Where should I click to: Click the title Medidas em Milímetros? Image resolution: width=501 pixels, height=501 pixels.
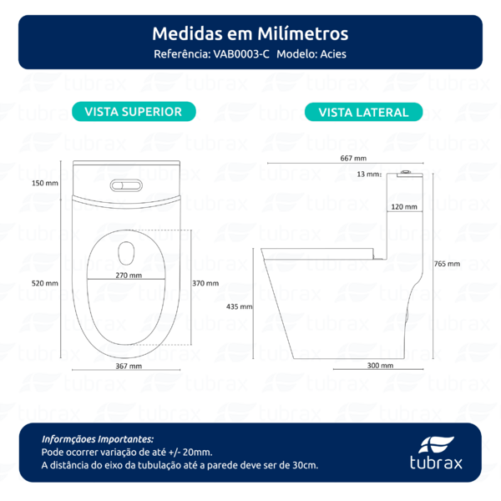[250, 34]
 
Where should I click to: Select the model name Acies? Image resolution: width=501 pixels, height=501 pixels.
[329, 54]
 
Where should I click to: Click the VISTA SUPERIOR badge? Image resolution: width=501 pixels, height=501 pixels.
[134, 111]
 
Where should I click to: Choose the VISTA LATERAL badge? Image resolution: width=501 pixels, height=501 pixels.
[363, 112]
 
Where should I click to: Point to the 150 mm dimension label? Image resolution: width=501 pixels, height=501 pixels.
[45, 183]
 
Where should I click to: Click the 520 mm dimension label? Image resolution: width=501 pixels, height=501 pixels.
[45, 283]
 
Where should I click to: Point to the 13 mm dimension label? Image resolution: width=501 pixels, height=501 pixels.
[367, 175]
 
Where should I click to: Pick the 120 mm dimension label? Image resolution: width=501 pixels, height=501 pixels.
[404, 205]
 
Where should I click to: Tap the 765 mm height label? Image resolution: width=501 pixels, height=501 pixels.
[447, 264]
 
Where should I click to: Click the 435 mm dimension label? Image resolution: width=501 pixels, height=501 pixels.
[239, 306]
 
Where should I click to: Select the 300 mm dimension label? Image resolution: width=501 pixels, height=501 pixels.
[379, 366]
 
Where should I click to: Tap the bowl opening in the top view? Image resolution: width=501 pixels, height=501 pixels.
[128, 250]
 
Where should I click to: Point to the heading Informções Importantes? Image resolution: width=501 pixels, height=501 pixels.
[98, 438]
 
